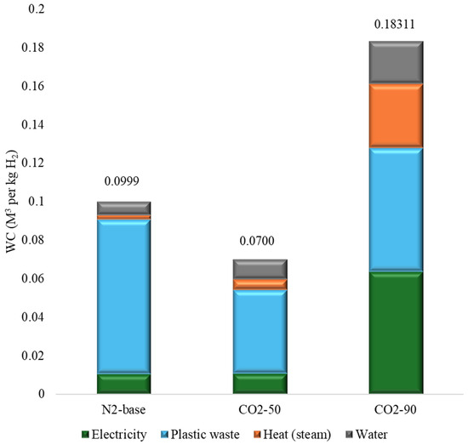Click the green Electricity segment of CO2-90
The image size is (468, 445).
pos(396,333)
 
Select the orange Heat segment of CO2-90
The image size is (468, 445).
pos(396,116)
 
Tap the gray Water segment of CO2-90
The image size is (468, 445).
pos(396,62)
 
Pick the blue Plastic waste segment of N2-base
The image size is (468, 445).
pos(124,296)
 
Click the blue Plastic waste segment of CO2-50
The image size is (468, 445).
pos(260,331)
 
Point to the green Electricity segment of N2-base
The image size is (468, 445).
pos(124,384)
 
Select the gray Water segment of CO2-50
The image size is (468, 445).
pos(260,269)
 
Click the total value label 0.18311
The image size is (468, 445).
pos(395,25)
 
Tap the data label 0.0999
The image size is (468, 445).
pos(122,181)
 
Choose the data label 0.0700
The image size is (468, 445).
pos(257,241)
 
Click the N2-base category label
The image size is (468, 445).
pos(123,409)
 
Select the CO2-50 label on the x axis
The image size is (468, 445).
pos(260,409)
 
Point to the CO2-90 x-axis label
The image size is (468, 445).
pos(395,409)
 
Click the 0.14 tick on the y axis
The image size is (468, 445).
pos(33,124)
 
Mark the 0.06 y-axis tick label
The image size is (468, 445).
pos(33,278)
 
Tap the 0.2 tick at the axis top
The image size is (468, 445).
pos(36,9)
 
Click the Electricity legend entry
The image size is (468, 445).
pos(115,435)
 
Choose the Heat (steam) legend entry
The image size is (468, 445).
pos(292,435)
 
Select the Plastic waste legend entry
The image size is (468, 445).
pos(200,435)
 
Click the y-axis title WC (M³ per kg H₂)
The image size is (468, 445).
pos(12,201)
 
